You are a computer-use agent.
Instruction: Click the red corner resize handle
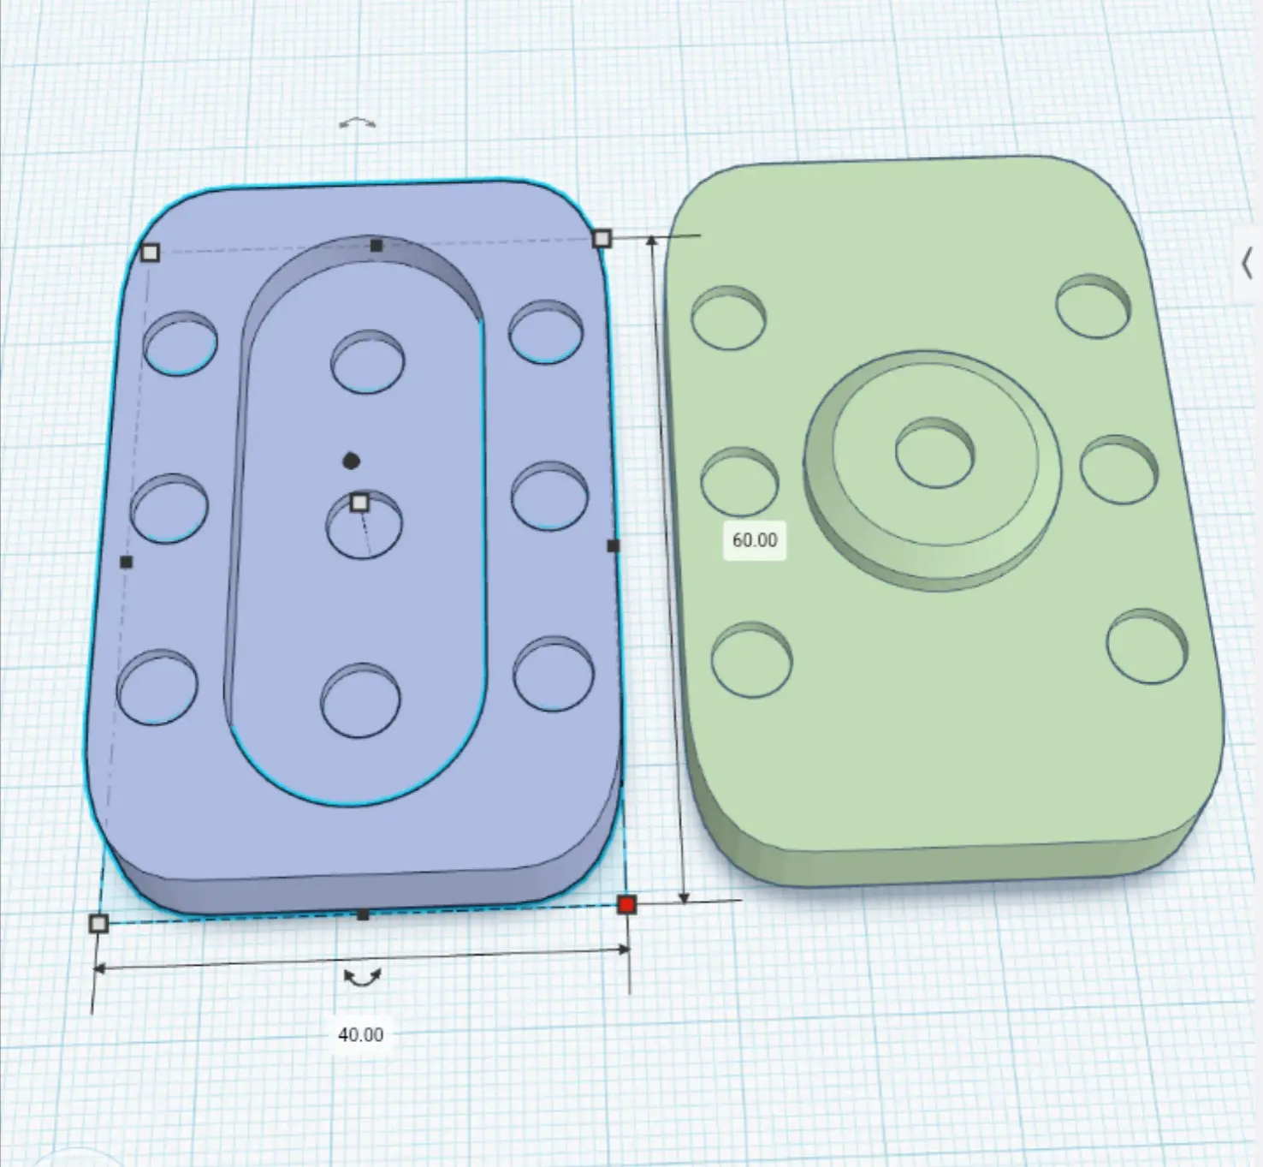(x=626, y=904)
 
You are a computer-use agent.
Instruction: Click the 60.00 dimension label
(x=755, y=540)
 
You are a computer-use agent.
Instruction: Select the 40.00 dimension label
(x=360, y=1034)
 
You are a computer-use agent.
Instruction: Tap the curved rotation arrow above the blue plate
(x=357, y=123)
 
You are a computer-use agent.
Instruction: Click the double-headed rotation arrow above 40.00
(x=363, y=978)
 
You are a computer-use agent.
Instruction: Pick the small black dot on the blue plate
(x=351, y=461)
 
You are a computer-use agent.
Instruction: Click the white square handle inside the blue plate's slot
(x=360, y=503)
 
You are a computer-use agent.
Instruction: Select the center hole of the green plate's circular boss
(x=935, y=452)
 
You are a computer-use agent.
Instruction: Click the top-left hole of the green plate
(x=729, y=318)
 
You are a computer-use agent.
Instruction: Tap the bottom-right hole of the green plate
(x=1147, y=646)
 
